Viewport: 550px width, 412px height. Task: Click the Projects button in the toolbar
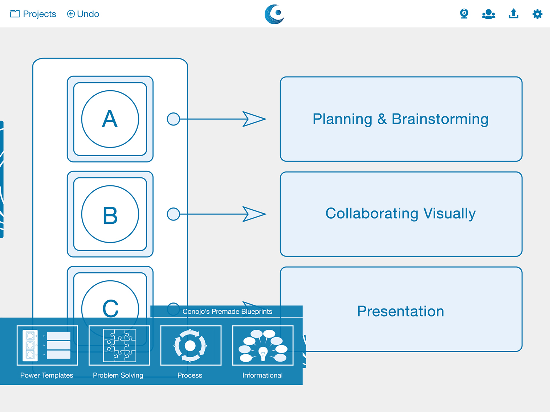pos(33,14)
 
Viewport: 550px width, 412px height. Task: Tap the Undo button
pos(83,14)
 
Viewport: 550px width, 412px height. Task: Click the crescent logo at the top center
pos(274,14)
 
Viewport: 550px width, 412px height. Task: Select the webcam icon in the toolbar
pos(464,14)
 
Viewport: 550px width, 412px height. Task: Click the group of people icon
pos(488,14)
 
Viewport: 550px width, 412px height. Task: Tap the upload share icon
pos(513,14)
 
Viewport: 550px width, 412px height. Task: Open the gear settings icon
pos(537,14)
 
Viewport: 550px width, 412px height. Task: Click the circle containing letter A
pos(110,119)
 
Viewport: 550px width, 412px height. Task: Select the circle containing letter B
pos(110,214)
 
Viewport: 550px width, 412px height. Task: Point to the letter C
pos(110,308)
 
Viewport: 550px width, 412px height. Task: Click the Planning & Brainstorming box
pos(401,119)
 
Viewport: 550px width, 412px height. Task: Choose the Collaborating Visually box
pos(401,214)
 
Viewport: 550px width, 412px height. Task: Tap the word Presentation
pos(400,311)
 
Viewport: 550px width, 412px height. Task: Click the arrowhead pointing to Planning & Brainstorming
pos(254,119)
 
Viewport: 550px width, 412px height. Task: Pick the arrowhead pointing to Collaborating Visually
pos(254,214)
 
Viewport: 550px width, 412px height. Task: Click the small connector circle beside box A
pos(173,119)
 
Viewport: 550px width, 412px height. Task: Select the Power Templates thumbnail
pos(47,345)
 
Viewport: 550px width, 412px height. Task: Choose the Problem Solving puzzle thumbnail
pos(119,345)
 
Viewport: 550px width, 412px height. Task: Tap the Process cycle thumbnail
pos(191,345)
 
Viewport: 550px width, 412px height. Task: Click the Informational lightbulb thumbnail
pos(263,345)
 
